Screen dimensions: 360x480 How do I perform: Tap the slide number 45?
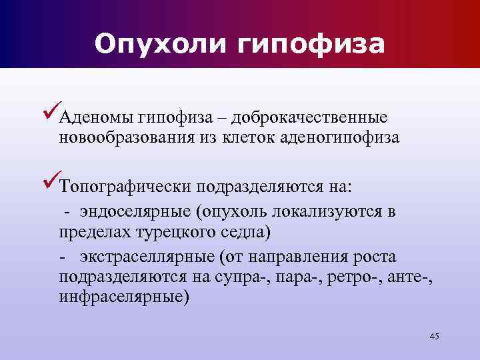click(x=434, y=335)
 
